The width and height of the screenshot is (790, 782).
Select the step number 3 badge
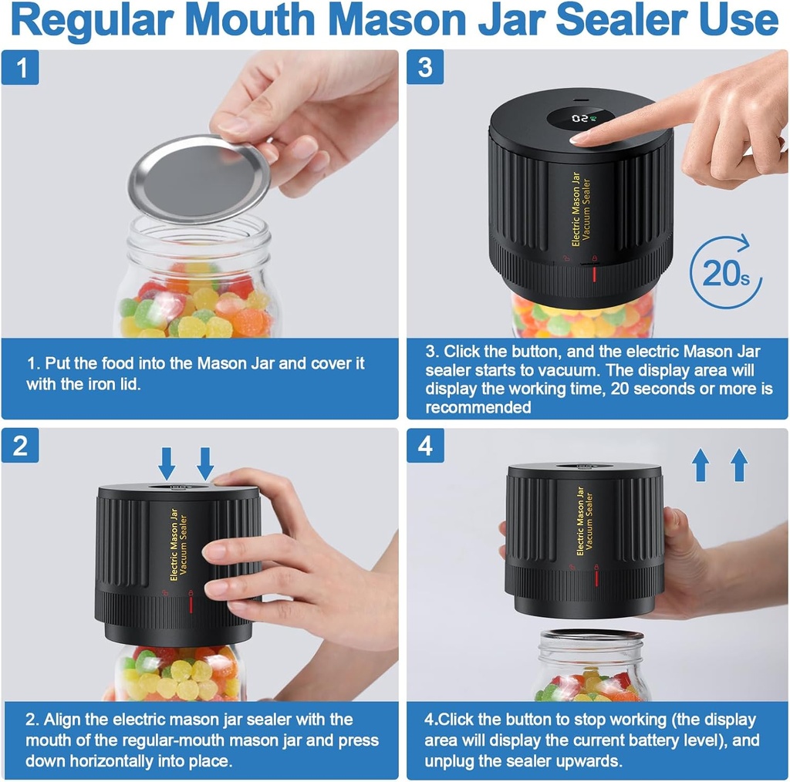click(x=425, y=68)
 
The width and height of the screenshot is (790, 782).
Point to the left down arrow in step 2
click(x=167, y=463)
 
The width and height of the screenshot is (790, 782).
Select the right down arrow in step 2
click(x=205, y=463)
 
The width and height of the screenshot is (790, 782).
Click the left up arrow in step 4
click(x=701, y=466)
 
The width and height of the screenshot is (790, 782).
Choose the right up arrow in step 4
click(x=739, y=466)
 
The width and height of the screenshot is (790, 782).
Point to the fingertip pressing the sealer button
click(x=581, y=139)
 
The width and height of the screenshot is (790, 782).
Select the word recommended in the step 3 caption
click(x=478, y=407)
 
